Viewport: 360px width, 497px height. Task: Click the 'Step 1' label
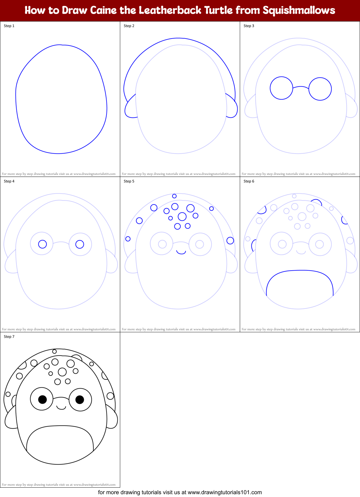click(x=9, y=26)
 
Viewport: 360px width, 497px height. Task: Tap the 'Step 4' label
click(x=9, y=181)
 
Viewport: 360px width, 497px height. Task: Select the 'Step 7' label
click(x=9, y=337)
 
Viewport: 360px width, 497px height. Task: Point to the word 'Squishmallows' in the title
click(x=299, y=10)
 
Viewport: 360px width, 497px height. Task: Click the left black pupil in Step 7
click(x=42, y=399)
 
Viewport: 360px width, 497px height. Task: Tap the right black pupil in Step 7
click(x=80, y=399)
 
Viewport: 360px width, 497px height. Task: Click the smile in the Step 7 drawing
click(x=61, y=407)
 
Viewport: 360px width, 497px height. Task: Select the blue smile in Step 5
click(x=181, y=252)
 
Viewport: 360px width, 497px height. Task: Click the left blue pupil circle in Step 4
click(x=42, y=244)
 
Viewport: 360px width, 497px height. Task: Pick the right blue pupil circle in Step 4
click(x=80, y=244)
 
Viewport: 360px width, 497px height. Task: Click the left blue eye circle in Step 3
click(x=282, y=88)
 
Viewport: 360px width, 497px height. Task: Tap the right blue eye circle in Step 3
click(x=320, y=89)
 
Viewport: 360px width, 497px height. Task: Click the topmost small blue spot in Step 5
click(x=174, y=196)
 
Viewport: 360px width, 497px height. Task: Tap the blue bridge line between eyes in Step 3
click(x=301, y=87)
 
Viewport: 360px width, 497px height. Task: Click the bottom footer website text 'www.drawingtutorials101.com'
click(x=225, y=492)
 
